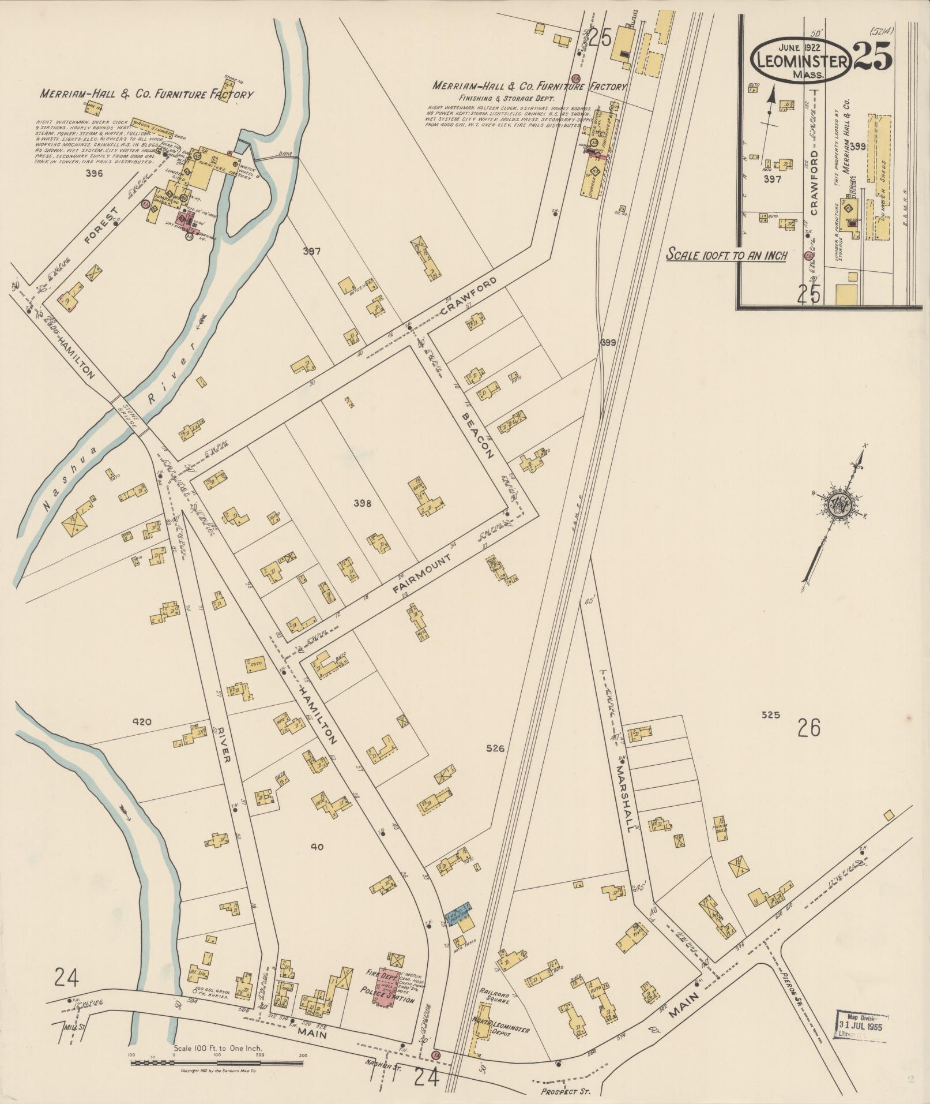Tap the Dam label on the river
tap(284, 154)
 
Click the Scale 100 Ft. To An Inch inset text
tap(726, 254)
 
